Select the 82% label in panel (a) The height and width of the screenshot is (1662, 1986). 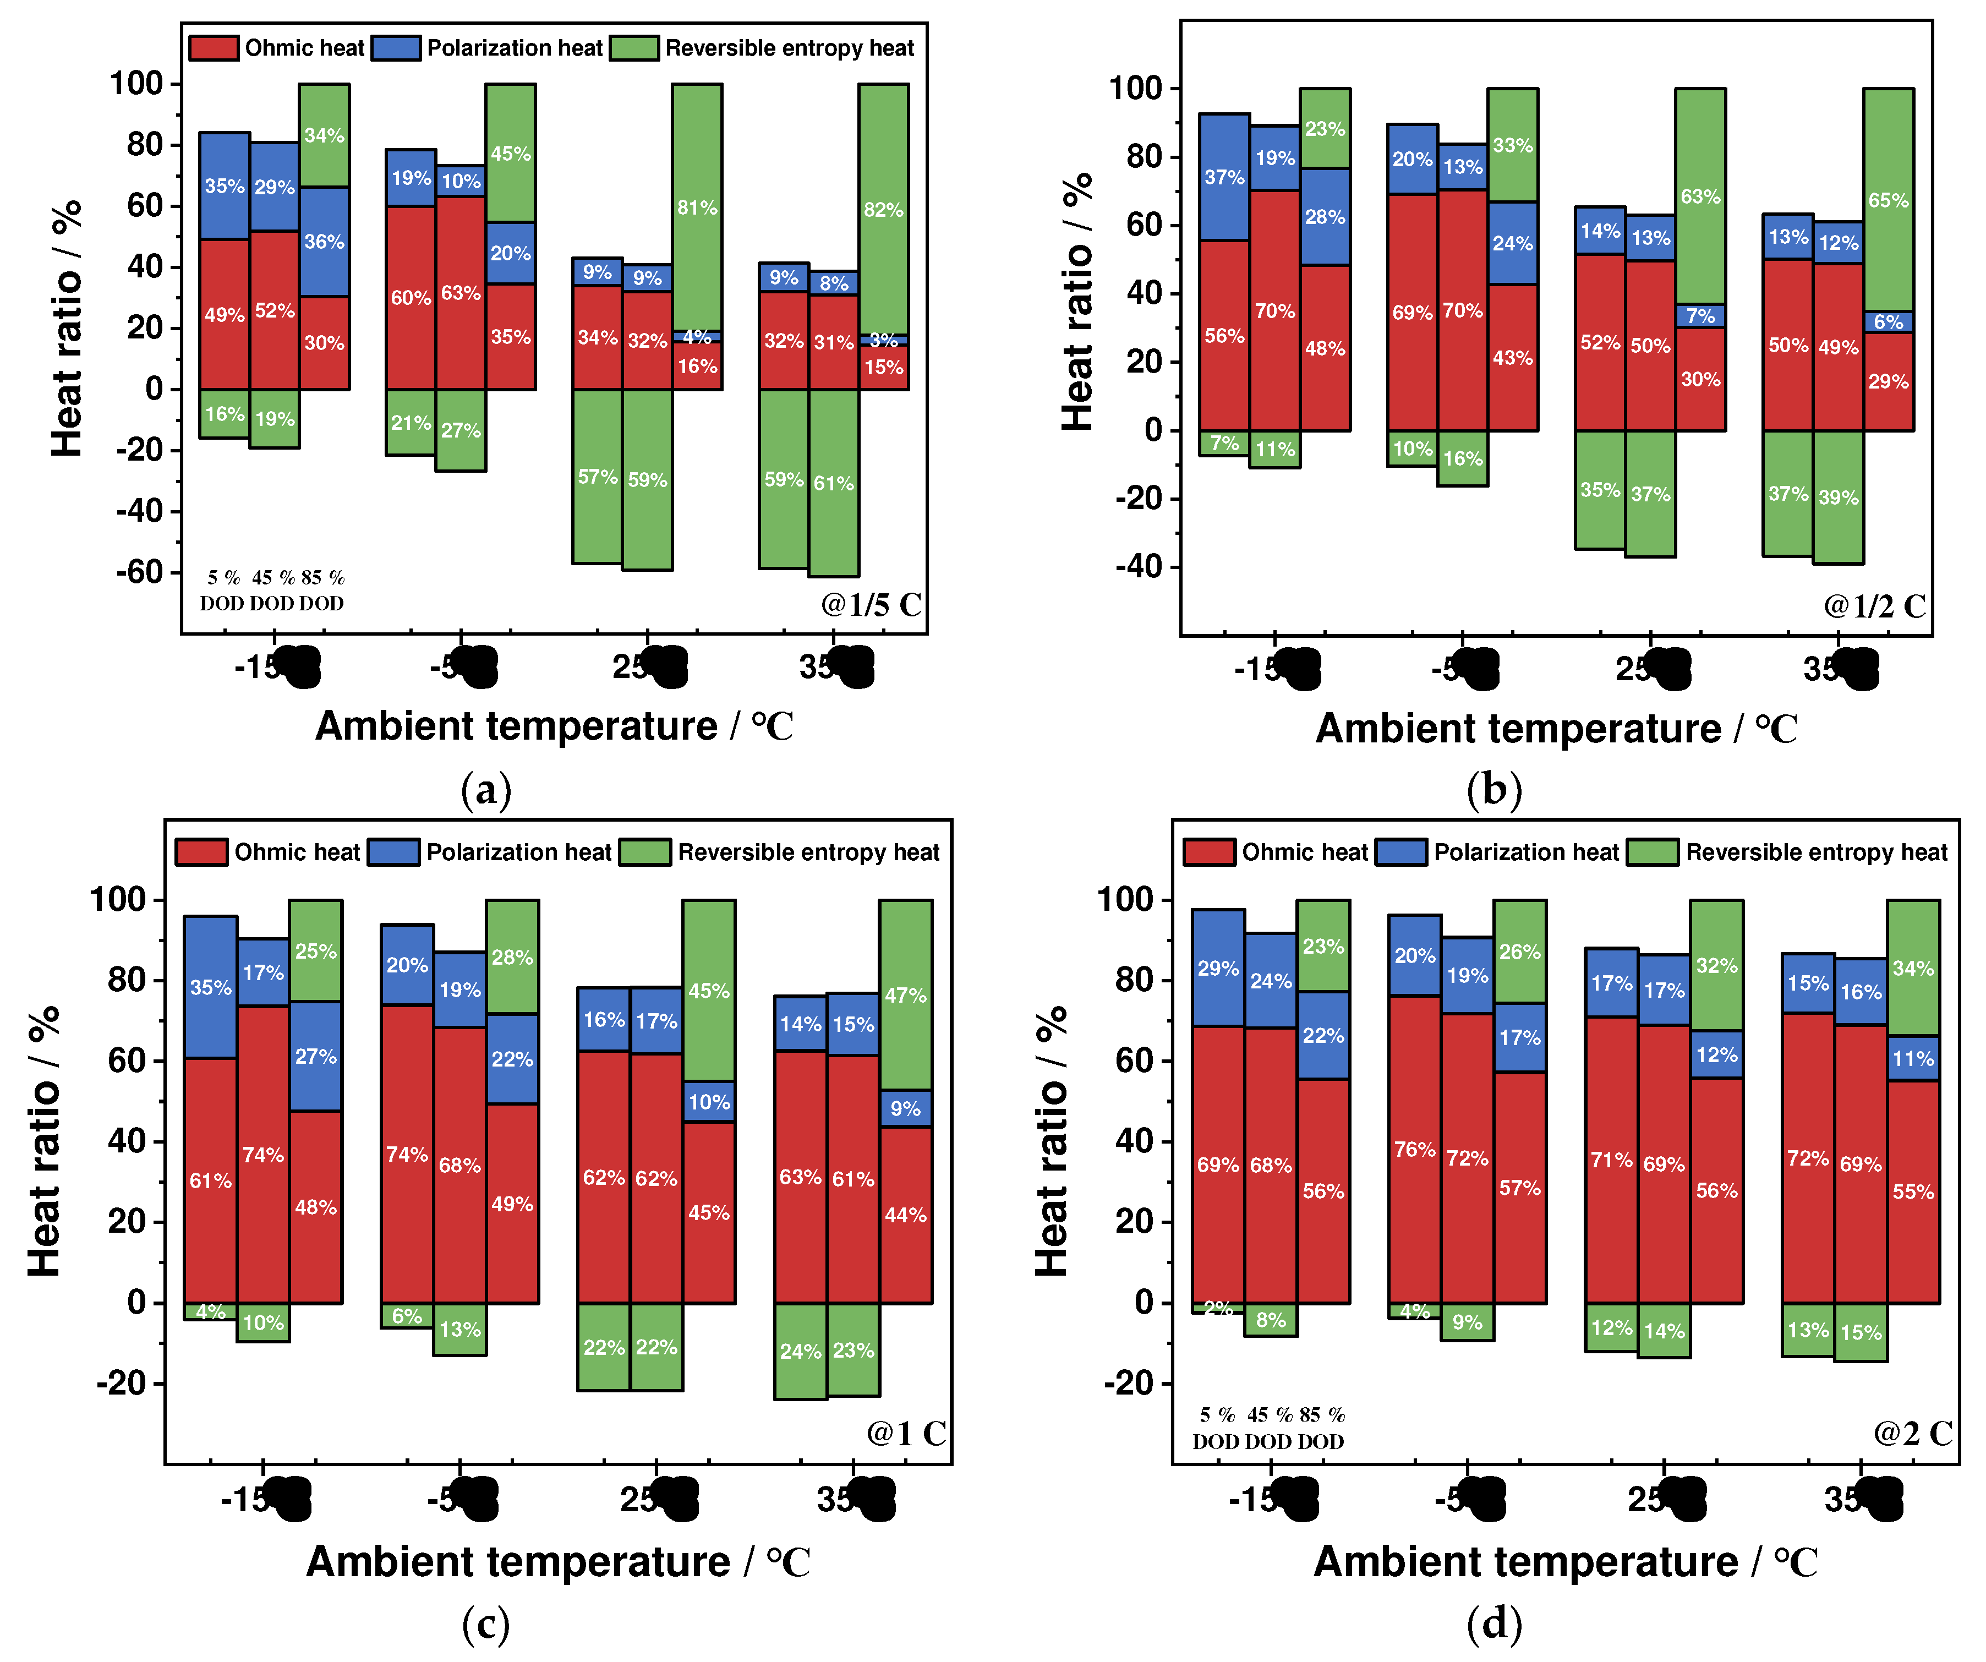click(883, 210)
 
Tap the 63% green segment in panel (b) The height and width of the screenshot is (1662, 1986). click(1700, 197)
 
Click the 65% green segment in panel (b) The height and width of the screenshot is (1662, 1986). click(1889, 200)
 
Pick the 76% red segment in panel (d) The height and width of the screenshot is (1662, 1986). click(1415, 1149)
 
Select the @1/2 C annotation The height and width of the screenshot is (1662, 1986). click(1874, 606)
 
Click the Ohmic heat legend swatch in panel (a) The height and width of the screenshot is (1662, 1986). click(213, 48)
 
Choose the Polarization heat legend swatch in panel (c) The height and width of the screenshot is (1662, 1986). click(393, 852)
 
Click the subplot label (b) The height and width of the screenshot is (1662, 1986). click(1494, 790)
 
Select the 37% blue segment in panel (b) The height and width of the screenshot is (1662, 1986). click(1225, 177)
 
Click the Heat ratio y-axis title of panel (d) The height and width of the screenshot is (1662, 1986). click(1052, 1140)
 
